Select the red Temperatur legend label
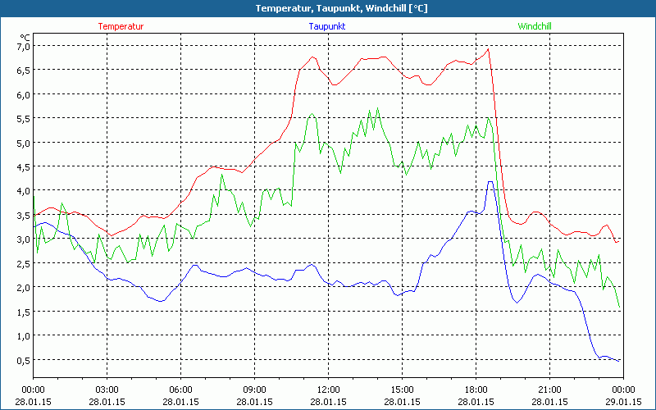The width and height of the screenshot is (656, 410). (121, 26)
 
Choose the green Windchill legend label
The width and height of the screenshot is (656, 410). (535, 26)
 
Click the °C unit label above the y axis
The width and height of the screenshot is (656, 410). (25, 37)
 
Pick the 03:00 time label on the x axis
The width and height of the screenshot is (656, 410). (107, 389)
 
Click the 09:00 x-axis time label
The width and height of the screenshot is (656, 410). (254, 389)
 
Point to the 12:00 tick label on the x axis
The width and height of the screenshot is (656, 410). (328, 389)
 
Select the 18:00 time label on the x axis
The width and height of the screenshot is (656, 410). (476, 389)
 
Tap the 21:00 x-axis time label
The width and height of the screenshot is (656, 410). (549, 389)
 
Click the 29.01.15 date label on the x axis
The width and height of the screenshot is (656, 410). (623, 402)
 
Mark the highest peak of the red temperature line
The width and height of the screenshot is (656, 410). (489, 48)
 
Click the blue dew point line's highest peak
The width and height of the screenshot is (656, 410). (490, 181)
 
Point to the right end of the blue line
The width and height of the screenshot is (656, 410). (620, 361)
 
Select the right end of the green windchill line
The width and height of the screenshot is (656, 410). (620, 308)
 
